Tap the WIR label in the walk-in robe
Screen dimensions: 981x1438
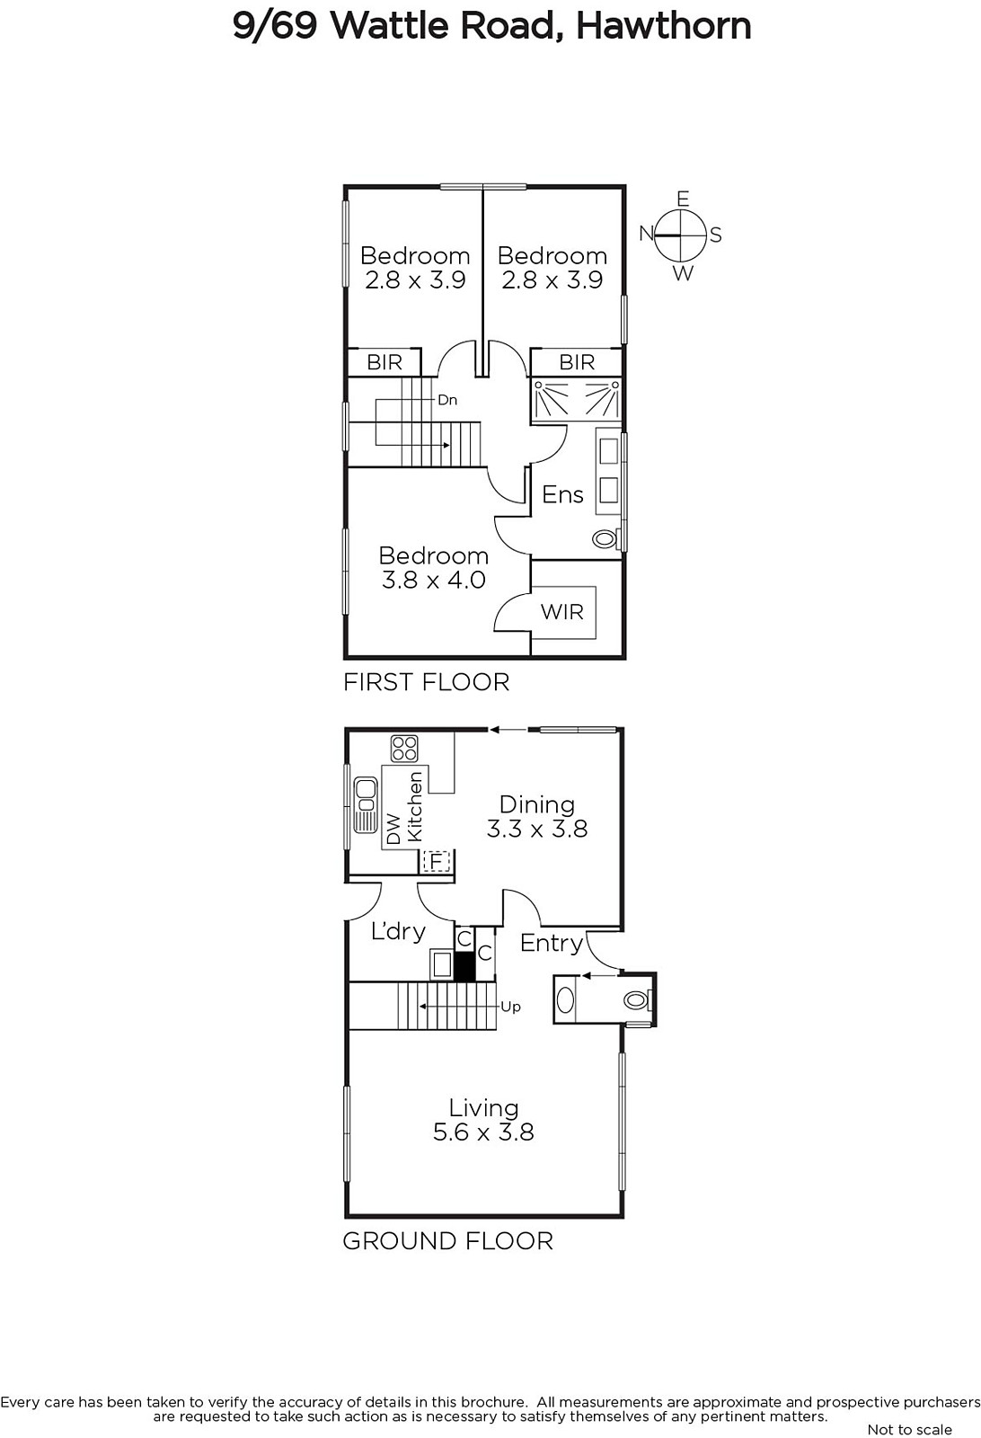pos(562,612)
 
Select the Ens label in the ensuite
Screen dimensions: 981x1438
pos(562,494)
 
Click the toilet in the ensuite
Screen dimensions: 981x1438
pos(605,538)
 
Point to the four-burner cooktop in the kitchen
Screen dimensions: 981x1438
pos(404,749)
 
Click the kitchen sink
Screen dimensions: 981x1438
pos(366,805)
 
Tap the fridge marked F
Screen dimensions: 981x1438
pos(437,861)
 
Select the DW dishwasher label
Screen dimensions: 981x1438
pos(393,830)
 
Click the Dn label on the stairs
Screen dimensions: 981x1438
pos(447,400)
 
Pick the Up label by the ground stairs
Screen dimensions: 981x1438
pos(510,1007)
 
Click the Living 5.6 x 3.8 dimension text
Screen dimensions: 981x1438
pos(483,1119)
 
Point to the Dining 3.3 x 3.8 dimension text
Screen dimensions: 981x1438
pos(537,816)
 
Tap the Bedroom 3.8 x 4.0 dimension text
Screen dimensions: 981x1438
pos(434,567)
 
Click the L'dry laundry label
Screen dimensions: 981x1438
pos(399,931)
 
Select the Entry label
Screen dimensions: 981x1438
pos(551,943)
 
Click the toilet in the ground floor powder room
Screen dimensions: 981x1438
pos(636,999)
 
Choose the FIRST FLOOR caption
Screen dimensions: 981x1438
pos(427,682)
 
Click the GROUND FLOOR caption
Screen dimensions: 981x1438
pos(448,1241)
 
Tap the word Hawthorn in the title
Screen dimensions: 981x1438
pos(663,26)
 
